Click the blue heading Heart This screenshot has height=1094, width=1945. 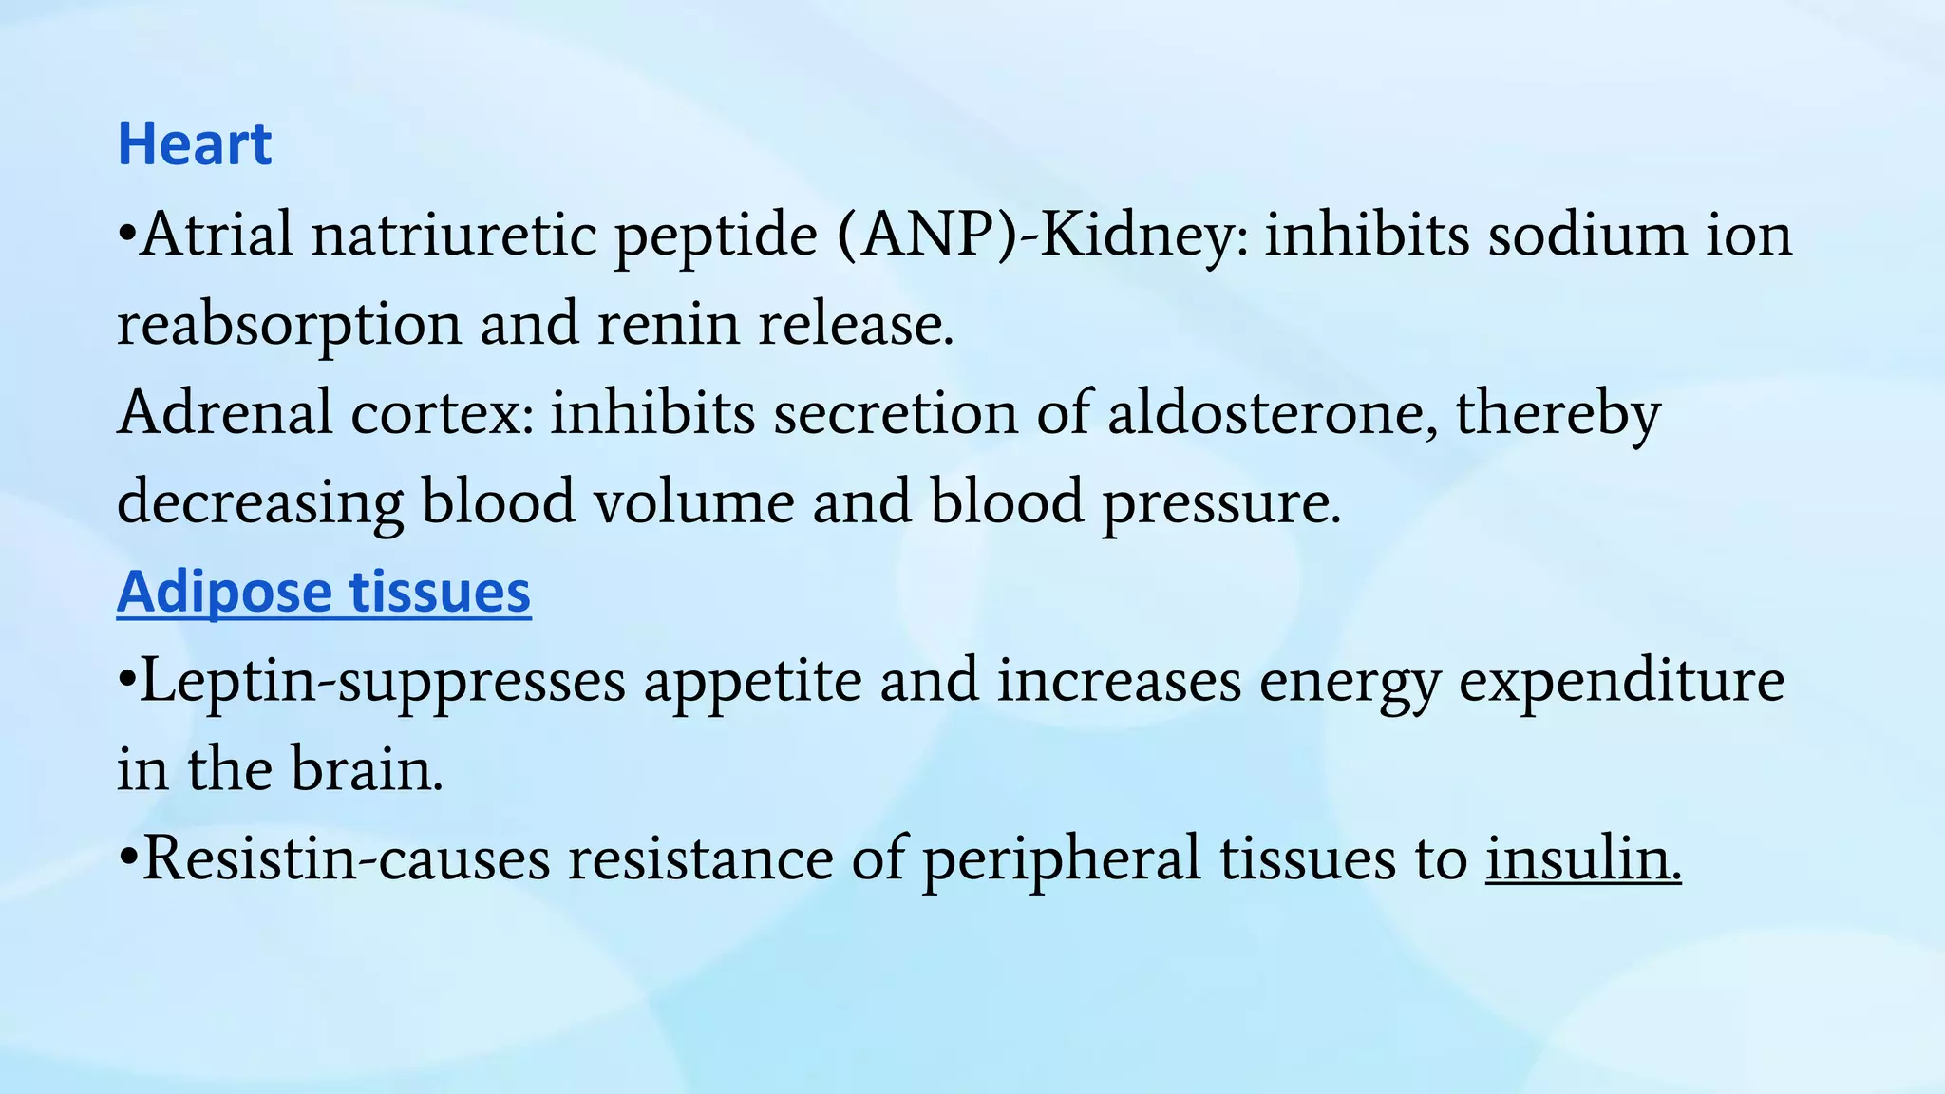pos(194,144)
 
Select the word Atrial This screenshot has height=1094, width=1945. pos(217,234)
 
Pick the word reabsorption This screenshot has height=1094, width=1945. pos(288,325)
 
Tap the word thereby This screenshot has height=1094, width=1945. pos(1558,414)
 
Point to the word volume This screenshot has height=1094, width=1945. pos(693,501)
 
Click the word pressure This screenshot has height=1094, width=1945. pos(1220,503)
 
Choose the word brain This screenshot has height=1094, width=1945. pos(366,769)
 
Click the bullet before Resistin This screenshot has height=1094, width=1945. pos(127,858)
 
